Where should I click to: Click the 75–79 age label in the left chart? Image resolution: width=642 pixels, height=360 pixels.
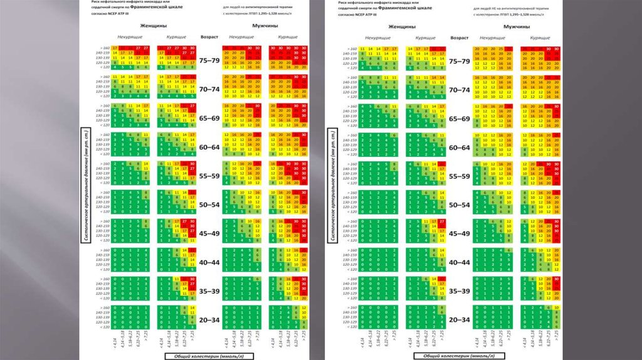point(209,61)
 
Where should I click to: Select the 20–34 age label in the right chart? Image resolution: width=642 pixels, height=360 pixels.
point(457,320)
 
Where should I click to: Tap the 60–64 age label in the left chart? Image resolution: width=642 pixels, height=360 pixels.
point(209,147)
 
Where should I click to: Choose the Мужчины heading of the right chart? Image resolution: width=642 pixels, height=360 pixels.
point(517,28)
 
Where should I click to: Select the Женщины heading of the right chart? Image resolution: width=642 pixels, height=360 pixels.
point(402,28)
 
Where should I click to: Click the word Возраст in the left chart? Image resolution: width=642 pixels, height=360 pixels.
point(209,38)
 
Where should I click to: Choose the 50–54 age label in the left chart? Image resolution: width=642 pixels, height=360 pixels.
point(209,205)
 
